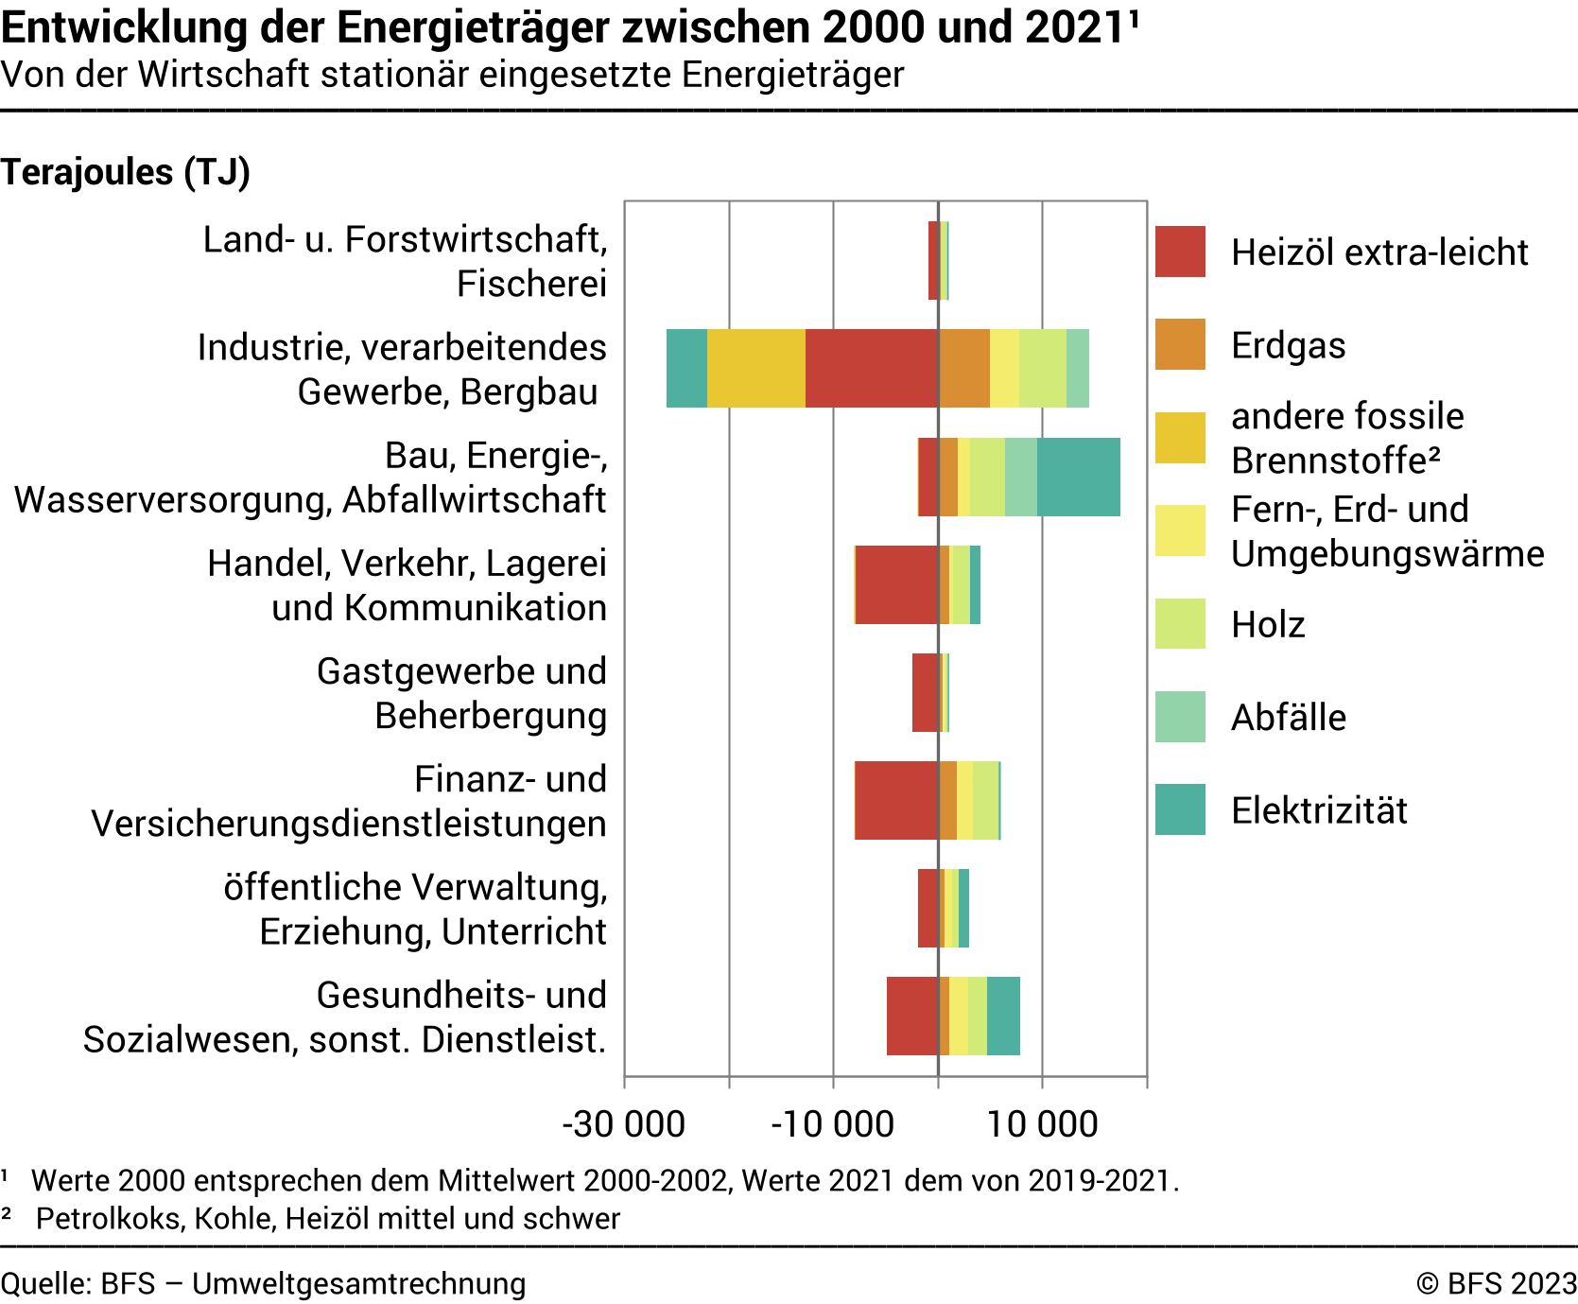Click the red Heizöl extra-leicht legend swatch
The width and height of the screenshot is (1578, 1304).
click(1180, 252)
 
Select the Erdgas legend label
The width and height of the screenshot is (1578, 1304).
click(1288, 345)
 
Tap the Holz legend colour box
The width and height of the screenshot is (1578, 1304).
click(1180, 624)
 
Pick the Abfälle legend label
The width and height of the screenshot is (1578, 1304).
click(1288, 717)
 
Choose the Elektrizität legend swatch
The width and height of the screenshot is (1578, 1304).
click(1180, 809)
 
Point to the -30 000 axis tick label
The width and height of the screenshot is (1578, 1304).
click(624, 1124)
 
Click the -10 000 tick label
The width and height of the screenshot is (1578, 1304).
click(832, 1124)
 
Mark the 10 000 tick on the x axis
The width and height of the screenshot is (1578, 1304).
click(1042, 1124)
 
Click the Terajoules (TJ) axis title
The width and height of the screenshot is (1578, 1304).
click(125, 172)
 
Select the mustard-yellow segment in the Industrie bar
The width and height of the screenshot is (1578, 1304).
click(755, 369)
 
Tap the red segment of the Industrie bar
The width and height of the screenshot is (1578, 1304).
click(871, 369)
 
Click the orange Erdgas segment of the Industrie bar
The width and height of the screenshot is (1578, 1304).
click(964, 369)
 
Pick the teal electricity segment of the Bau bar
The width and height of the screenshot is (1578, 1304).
click(1078, 477)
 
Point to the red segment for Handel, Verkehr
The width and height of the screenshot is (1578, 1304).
click(896, 584)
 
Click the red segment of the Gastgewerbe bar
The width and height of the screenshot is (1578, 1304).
click(925, 692)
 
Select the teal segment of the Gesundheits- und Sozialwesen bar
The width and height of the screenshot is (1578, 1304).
click(1003, 1016)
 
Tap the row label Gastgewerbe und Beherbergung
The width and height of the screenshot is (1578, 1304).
click(461, 693)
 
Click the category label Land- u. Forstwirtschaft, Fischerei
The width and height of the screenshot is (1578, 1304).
click(405, 261)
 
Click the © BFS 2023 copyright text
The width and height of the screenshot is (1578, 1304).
click(1496, 1283)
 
